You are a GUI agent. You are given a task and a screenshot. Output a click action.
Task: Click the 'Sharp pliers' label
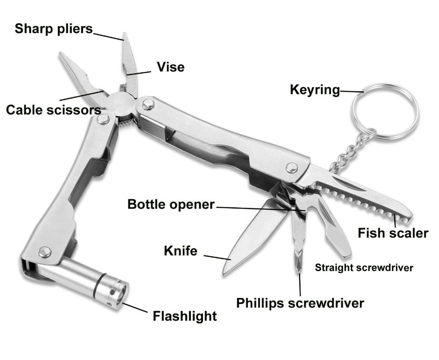53,29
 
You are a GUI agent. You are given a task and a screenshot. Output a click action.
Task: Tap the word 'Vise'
170,67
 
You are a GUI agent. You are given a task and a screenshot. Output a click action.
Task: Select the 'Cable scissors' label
53,110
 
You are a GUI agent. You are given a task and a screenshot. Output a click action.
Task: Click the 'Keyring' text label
315,90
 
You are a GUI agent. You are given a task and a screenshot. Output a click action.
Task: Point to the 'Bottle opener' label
171,204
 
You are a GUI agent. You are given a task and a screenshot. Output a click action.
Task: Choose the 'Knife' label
180,251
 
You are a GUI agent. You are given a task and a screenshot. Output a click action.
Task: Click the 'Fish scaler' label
393,233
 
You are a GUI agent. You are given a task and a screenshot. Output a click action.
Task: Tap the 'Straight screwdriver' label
364,267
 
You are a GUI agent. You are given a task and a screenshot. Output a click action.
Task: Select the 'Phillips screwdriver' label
300,303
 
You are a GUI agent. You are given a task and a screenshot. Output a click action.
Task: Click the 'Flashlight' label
184,316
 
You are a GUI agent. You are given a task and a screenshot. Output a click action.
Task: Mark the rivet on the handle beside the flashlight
44,252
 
